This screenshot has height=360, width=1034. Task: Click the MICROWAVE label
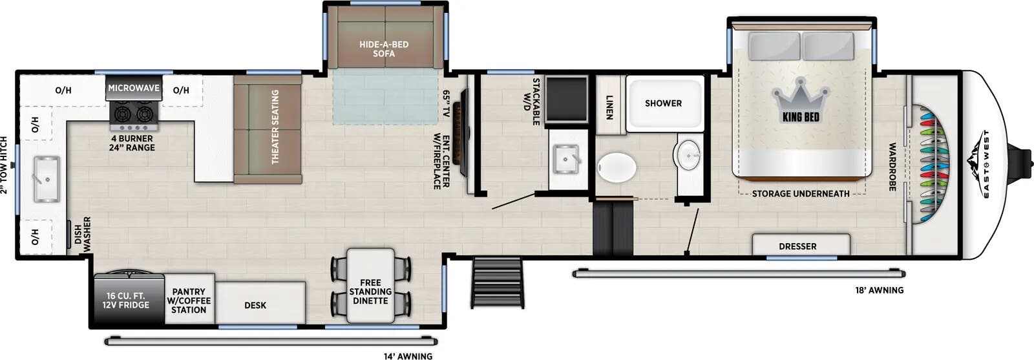134,88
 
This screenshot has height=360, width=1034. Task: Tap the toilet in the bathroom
616,167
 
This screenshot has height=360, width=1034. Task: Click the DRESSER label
797,246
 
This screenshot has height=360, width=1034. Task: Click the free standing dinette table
370,285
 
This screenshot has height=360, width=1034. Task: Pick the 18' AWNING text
879,290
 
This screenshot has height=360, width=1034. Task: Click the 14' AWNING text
408,356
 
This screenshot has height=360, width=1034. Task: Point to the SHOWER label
663,103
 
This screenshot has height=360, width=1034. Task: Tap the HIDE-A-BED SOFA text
384,49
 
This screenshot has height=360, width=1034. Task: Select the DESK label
255,305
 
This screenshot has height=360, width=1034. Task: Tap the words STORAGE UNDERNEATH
801,193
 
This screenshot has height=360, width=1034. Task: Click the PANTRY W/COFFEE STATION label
189,301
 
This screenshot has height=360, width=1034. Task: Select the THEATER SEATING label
275,127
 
